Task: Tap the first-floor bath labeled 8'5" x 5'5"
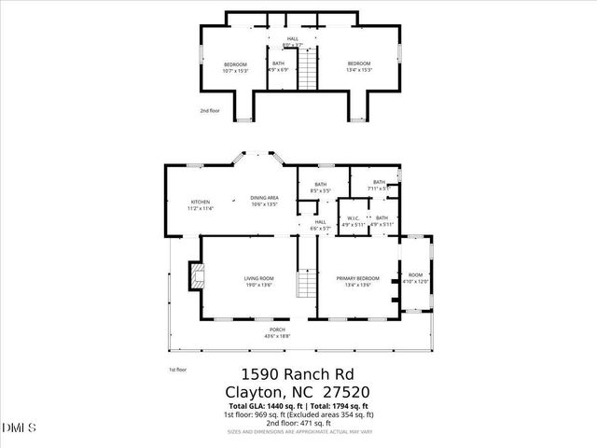click(x=321, y=187)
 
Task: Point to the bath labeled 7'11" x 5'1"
click(x=379, y=185)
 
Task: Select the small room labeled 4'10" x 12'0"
click(x=416, y=278)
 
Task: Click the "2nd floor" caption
click(x=209, y=111)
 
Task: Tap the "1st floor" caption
click(x=176, y=370)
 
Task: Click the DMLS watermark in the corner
click(x=19, y=428)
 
